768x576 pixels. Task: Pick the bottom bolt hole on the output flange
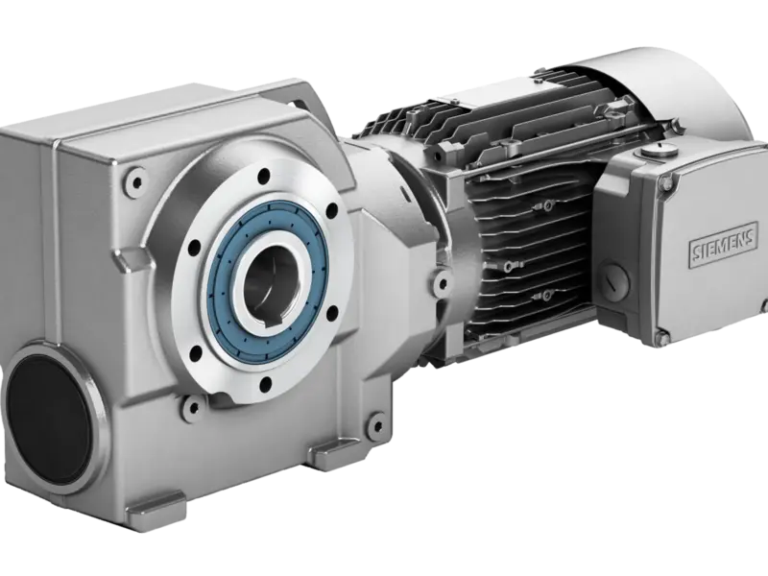266,382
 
